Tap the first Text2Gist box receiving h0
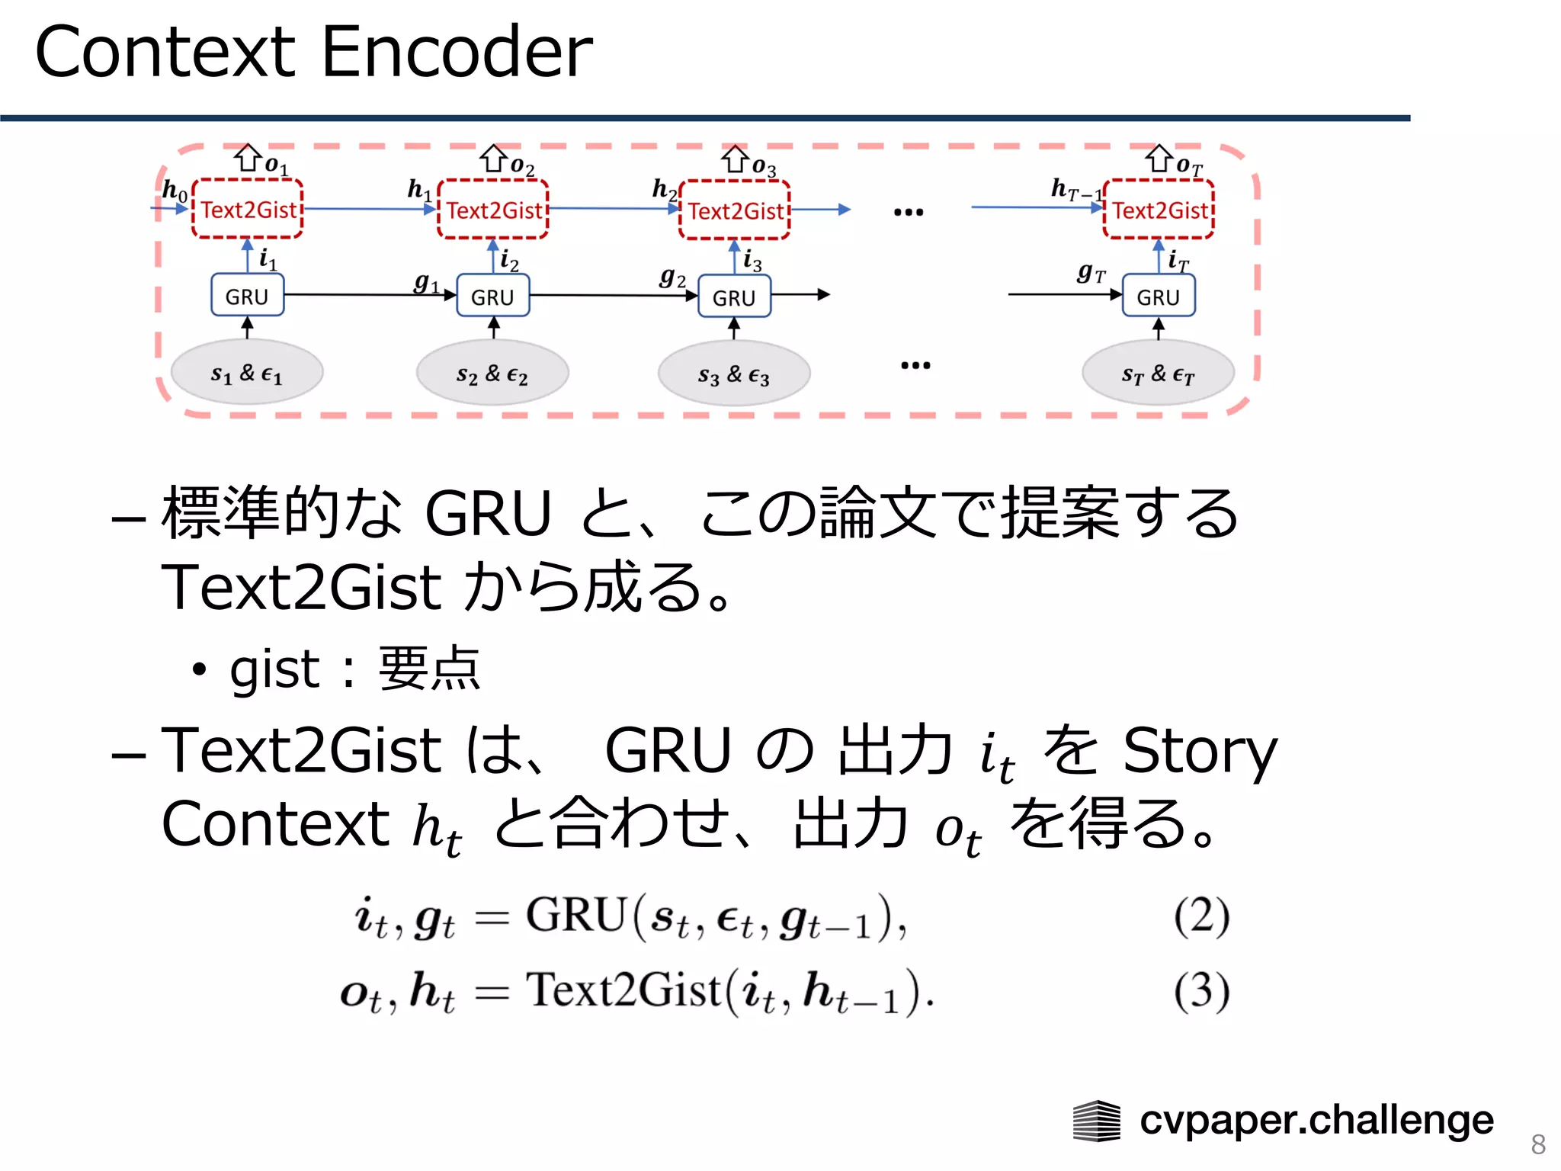248,210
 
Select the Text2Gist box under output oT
1159,210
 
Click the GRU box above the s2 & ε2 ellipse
492,297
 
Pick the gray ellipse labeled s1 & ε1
247,373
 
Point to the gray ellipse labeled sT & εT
1158,374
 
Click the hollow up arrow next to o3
736,159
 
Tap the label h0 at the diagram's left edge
175,190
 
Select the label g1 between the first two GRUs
426,283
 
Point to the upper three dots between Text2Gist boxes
909,212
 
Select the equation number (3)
1201,991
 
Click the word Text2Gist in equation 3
623,990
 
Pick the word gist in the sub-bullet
274,669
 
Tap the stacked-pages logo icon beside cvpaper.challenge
1096,1121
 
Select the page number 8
1537,1144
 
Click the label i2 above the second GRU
508,261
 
